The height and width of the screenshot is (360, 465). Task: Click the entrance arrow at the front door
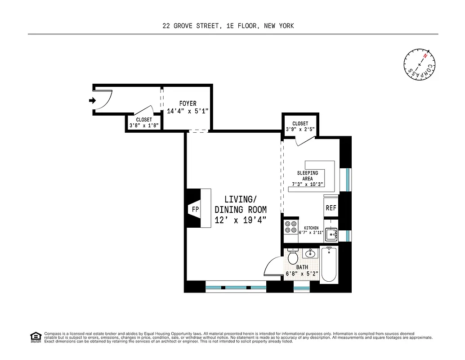92,101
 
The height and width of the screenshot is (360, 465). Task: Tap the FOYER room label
188,104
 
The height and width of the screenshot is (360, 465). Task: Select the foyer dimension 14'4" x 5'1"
188,111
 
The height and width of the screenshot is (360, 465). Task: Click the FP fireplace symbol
195,209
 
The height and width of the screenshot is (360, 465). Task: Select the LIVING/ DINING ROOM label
241,204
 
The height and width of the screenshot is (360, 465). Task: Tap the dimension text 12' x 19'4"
241,220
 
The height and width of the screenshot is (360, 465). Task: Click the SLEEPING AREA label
307,175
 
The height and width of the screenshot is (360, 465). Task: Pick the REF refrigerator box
331,208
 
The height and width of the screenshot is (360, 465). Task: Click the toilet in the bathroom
293,256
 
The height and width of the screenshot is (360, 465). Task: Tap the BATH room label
302,267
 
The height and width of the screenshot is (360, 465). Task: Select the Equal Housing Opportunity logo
35,337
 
